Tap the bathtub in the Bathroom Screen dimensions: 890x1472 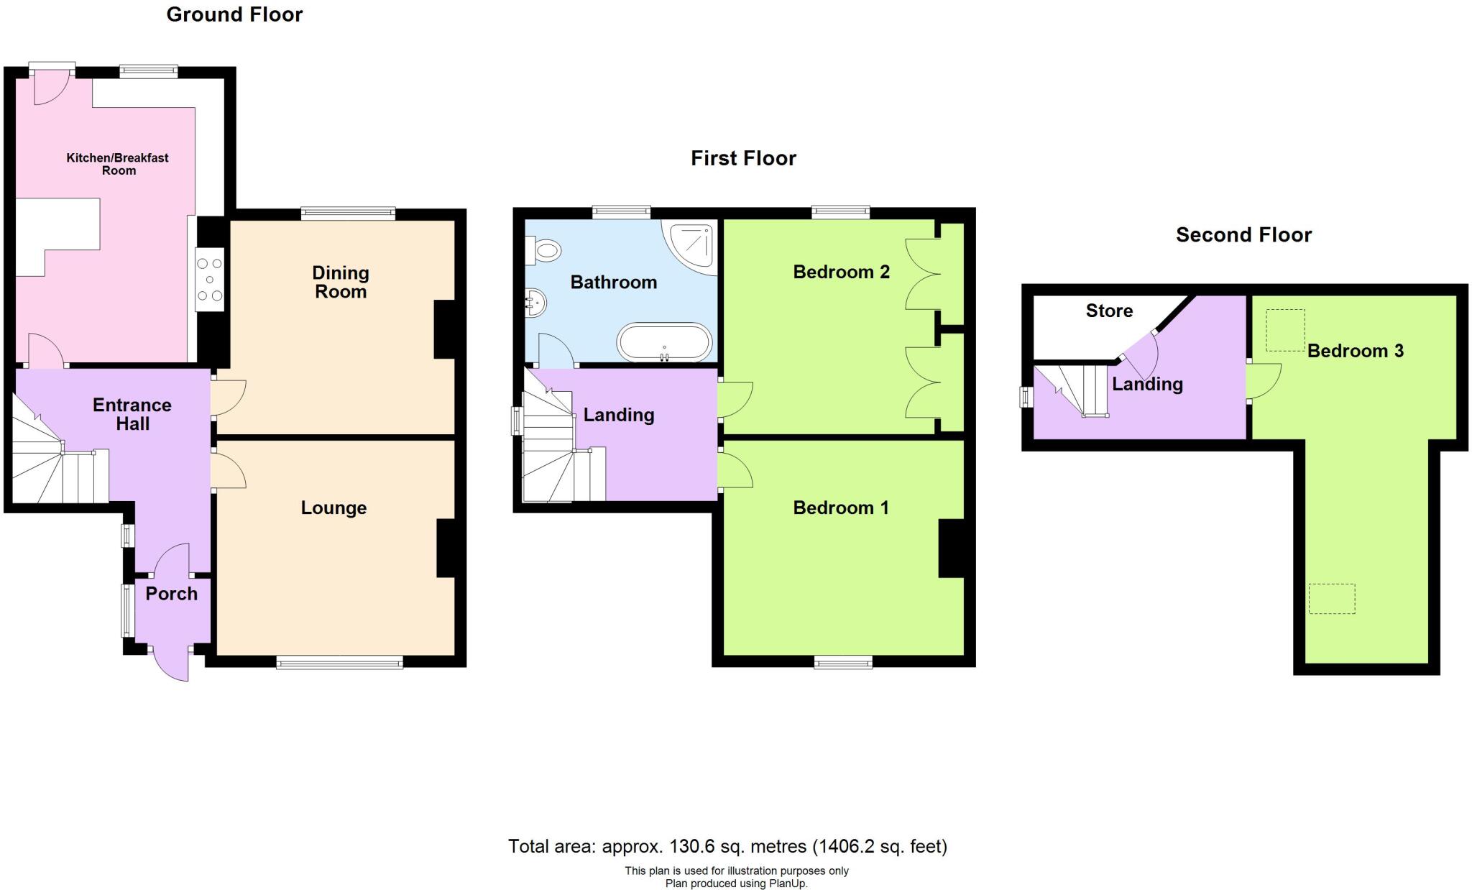[x=665, y=343]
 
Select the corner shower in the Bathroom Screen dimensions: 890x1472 [x=691, y=247]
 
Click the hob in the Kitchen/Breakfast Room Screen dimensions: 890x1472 [x=210, y=280]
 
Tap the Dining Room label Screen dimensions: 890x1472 [x=341, y=282]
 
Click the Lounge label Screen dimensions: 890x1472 [x=333, y=508]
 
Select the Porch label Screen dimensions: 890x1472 [x=171, y=594]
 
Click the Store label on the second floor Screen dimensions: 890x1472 [x=1109, y=311]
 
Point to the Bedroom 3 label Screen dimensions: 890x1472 [x=1355, y=351]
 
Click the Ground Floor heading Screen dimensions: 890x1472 [x=234, y=14]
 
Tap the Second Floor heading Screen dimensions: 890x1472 [x=1243, y=235]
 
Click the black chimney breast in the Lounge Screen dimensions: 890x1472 [x=446, y=548]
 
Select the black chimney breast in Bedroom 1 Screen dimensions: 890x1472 [x=950, y=548]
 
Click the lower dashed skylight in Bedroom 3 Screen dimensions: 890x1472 [x=1331, y=598]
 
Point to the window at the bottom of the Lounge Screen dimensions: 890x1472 [x=339, y=663]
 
